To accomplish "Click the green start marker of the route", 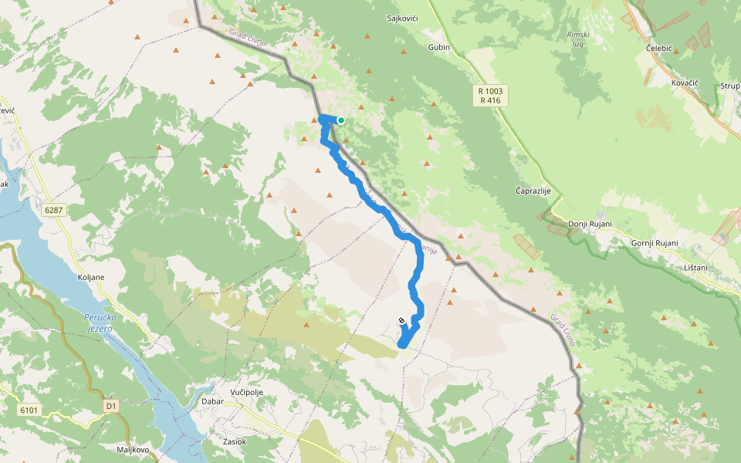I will click(340, 120).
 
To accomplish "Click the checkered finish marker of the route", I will click(401, 320).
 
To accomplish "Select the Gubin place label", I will click(438, 47).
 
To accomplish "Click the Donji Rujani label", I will click(590, 225).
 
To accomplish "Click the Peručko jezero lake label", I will click(99, 323).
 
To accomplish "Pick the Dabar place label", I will click(212, 401).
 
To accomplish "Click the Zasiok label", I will click(234, 441).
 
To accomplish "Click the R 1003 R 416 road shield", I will click(490, 96).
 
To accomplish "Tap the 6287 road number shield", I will click(53, 210).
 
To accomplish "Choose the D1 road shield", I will click(111, 405).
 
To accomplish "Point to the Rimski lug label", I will click(578, 40).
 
